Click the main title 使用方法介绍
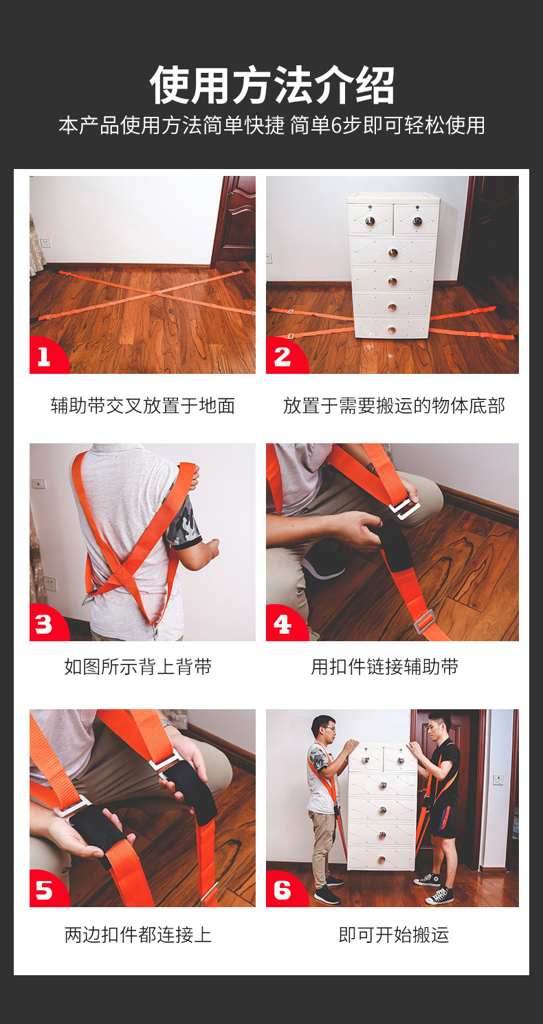point(271,85)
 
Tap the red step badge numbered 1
point(45,357)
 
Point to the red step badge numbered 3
point(45,623)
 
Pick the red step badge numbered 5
point(45,889)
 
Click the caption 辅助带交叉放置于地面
point(142,405)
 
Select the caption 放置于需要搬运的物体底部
point(394,405)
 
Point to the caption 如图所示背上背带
point(138,667)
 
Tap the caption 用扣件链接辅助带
point(384,667)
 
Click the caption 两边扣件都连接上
point(138,935)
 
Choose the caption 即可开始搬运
point(394,935)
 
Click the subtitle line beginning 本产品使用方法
point(271,125)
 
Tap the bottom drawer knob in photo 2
point(392,330)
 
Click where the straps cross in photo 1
point(150,293)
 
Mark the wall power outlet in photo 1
point(45,243)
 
